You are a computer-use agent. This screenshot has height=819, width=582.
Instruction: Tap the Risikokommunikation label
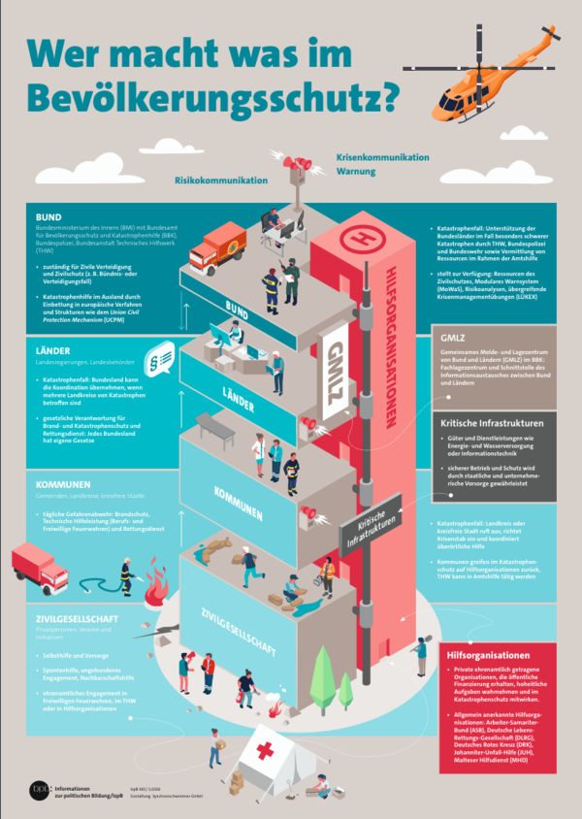click(x=220, y=180)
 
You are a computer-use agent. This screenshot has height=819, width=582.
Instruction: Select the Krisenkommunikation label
click(x=382, y=156)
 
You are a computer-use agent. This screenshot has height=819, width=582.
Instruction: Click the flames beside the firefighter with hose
click(x=154, y=586)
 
